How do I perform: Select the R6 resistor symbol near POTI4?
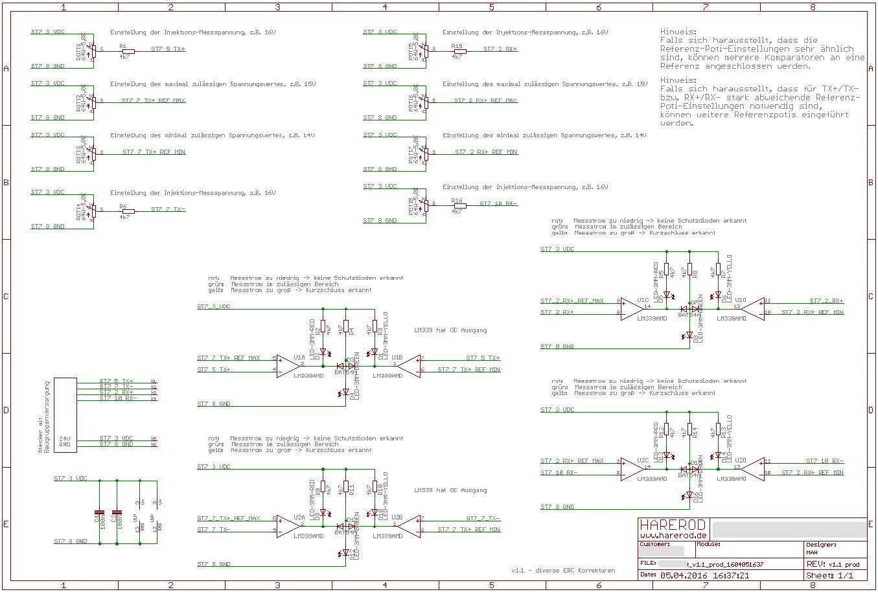pyautogui.click(x=127, y=212)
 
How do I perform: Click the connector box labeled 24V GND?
pyautogui.click(x=65, y=415)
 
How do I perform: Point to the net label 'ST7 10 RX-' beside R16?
pyautogui.click(x=498, y=204)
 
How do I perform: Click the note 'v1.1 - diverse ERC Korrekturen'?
pyautogui.click(x=563, y=571)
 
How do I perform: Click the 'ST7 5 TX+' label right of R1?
pyautogui.click(x=168, y=49)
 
